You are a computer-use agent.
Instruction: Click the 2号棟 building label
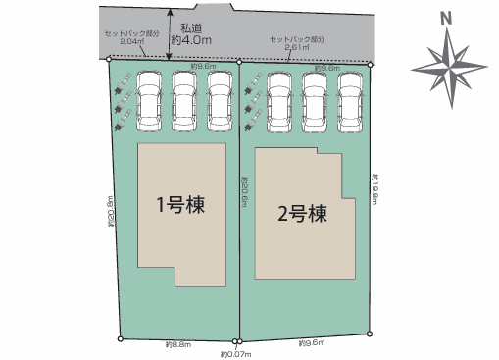click(302, 212)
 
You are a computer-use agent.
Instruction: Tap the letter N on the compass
click(445, 18)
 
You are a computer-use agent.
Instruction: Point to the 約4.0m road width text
click(191, 40)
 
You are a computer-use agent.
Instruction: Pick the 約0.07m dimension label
click(236, 353)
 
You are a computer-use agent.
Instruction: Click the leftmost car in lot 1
click(151, 99)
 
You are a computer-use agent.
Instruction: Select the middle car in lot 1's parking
click(185, 99)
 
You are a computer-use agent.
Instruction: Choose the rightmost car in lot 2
click(349, 100)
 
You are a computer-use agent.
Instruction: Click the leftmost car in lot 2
click(279, 100)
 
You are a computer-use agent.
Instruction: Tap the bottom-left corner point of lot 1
click(121, 339)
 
